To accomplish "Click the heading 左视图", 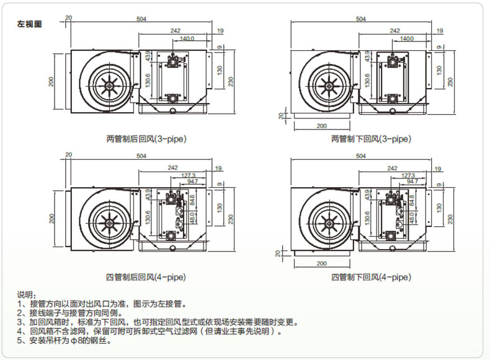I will coord(29,25).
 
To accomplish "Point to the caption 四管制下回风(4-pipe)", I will coord(371,276).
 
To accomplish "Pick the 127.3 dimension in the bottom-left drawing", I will coord(189,176).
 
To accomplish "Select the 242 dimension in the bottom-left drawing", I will coord(176,168).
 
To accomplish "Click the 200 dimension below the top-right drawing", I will coord(321,126).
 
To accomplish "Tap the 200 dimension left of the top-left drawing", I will coord(51,81).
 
